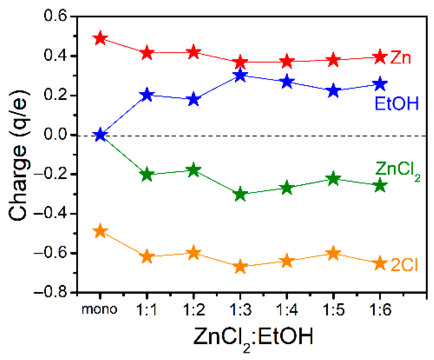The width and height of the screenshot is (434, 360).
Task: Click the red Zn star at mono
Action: (x=100, y=38)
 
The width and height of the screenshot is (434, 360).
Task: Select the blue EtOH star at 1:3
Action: (x=240, y=76)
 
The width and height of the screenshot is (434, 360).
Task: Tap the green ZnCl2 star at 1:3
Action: (x=240, y=194)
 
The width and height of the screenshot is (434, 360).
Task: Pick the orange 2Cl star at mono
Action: (x=100, y=231)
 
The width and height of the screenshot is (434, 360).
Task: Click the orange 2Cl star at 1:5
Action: (x=333, y=254)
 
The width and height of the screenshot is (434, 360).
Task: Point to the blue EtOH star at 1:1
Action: (x=147, y=95)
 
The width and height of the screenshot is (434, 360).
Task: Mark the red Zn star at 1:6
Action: (x=380, y=57)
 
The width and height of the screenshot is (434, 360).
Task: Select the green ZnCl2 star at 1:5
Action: (x=333, y=178)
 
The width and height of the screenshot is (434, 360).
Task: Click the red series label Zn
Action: (x=401, y=58)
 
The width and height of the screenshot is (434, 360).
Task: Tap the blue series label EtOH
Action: (x=396, y=104)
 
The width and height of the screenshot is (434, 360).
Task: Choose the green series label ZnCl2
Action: (x=397, y=170)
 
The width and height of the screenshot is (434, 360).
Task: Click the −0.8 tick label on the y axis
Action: (x=51, y=292)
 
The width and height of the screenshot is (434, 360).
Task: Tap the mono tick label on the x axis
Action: (x=99, y=309)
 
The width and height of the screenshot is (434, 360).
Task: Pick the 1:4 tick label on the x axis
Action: (x=287, y=310)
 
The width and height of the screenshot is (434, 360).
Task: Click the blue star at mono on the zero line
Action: (x=100, y=135)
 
